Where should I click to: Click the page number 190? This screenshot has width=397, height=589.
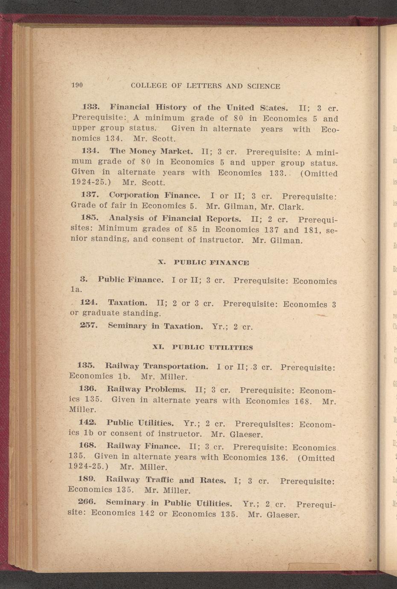click(77, 85)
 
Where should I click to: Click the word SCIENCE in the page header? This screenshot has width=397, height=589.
click(263, 86)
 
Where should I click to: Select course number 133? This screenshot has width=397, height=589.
click(90, 106)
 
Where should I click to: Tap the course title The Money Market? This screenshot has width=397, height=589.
click(152, 151)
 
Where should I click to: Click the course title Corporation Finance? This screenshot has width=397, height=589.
click(155, 195)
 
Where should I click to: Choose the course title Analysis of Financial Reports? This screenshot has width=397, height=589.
click(175, 219)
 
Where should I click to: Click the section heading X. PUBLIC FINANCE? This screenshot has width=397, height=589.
click(203, 262)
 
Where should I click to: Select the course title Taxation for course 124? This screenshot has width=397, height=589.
click(128, 303)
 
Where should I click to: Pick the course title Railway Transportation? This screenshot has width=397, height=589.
click(157, 366)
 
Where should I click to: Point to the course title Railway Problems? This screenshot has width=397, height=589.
click(146, 389)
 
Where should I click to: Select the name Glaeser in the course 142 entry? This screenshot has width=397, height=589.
click(246, 435)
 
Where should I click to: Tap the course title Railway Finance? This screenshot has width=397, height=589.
click(143, 446)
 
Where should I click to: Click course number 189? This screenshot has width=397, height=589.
click(87, 479)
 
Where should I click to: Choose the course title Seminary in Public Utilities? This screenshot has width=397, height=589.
click(169, 503)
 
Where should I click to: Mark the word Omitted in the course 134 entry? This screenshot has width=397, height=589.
click(319, 173)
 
